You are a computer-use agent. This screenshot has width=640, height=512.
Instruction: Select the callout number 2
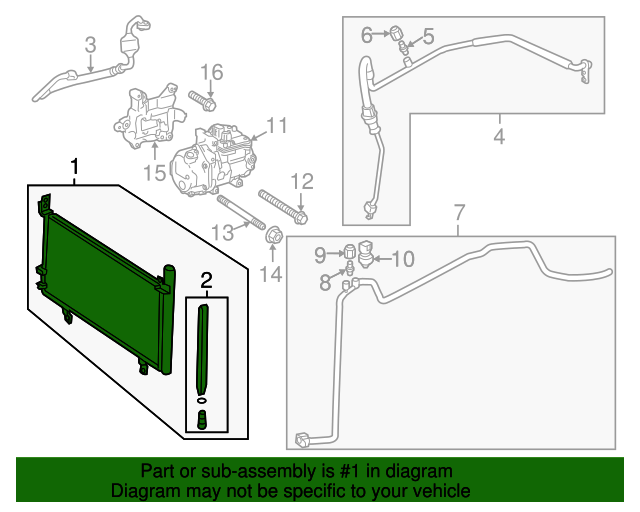click(x=206, y=280)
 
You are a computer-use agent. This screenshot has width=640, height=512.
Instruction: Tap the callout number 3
click(x=90, y=44)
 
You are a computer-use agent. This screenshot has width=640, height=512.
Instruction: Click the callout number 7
click(x=459, y=212)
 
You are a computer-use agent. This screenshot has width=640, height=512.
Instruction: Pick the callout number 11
click(x=276, y=126)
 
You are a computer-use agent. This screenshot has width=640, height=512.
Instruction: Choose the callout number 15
click(x=153, y=173)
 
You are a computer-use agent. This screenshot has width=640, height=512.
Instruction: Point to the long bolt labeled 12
click(x=284, y=204)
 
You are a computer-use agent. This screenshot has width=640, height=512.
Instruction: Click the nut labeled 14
click(x=272, y=236)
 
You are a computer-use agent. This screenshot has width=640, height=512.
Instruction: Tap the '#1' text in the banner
click(x=341, y=471)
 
